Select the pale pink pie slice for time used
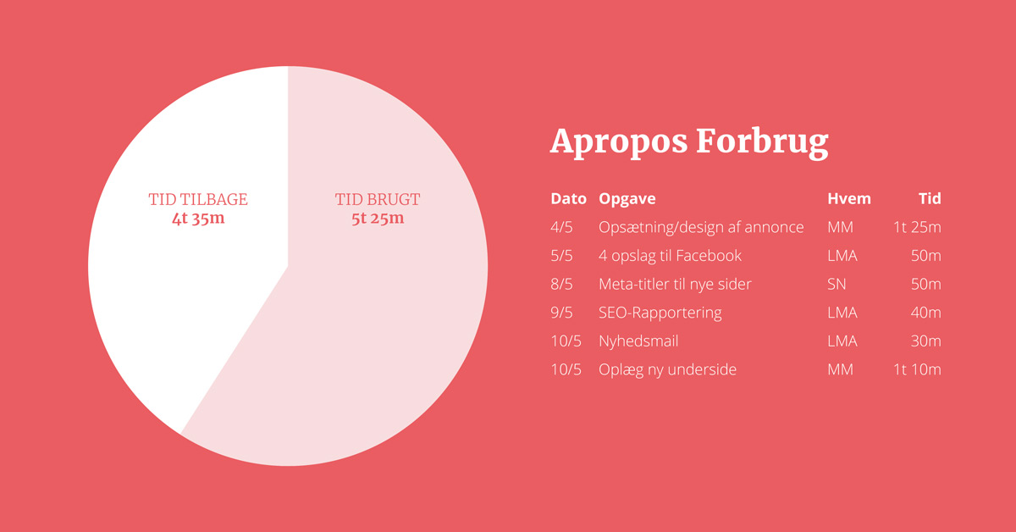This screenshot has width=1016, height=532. pyautogui.click(x=363, y=318)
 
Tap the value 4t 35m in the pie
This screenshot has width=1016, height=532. pyautogui.click(x=198, y=219)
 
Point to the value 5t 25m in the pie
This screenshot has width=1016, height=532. pyautogui.click(x=378, y=219)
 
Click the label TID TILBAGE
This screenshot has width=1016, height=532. pyautogui.click(x=198, y=199)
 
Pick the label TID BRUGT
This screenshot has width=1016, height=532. pyautogui.click(x=378, y=199)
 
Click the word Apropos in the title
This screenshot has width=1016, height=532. pyautogui.click(x=619, y=142)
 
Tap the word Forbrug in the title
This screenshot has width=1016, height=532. pyautogui.click(x=763, y=142)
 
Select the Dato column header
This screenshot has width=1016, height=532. pyautogui.click(x=568, y=199)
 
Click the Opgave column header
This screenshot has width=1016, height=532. pyautogui.click(x=627, y=199)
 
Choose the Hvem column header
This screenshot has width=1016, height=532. pyautogui.click(x=849, y=199)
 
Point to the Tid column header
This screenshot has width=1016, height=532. pyautogui.click(x=930, y=199)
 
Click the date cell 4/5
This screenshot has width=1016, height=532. pyautogui.click(x=561, y=227)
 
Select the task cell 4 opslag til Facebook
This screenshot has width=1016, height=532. pyautogui.click(x=670, y=256)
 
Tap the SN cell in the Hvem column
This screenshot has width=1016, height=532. pyautogui.click(x=837, y=284)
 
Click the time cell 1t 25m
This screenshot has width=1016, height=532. pyautogui.click(x=917, y=227)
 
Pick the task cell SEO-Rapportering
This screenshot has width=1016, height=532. pyautogui.click(x=660, y=313)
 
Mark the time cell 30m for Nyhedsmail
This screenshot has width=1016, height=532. pyautogui.click(x=925, y=341)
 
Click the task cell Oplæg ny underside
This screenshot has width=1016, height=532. pyautogui.click(x=667, y=370)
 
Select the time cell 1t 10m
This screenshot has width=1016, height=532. pyautogui.click(x=917, y=369)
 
